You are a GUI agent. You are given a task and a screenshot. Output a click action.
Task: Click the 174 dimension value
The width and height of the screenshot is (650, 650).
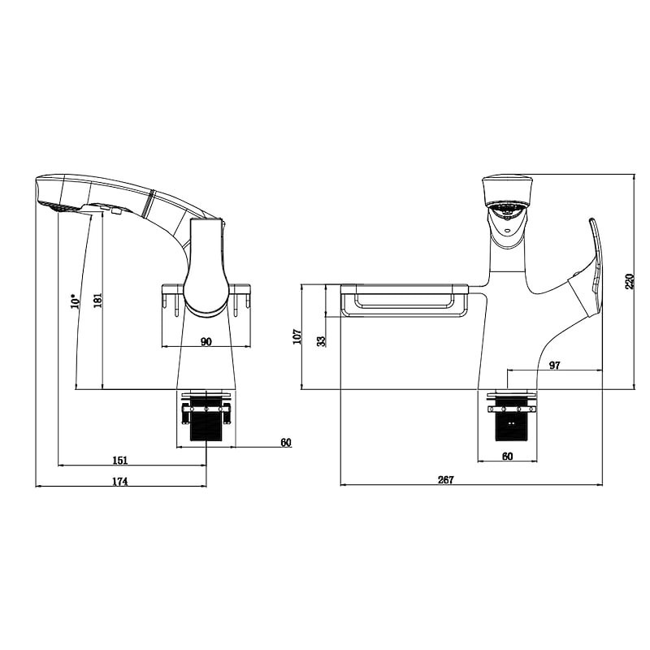tap(120, 481)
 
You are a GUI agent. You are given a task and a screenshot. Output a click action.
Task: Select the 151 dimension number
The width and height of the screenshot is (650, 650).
tap(120, 460)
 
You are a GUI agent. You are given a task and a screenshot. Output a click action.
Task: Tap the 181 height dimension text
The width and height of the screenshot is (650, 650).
tap(97, 300)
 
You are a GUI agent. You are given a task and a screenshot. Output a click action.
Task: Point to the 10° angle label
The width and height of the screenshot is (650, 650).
tap(75, 301)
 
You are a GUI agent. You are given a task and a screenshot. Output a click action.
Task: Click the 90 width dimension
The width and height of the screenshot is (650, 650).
tap(206, 341)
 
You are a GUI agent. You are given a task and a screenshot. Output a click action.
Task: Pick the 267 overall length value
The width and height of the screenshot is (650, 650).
tap(446, 479)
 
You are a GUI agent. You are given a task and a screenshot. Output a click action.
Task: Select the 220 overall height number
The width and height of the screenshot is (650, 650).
tap(630, 281)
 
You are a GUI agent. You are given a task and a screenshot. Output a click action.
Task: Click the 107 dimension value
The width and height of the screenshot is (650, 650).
tap(297, 336)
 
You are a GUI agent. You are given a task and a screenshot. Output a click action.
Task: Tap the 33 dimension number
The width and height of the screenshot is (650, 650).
tap(321, 341)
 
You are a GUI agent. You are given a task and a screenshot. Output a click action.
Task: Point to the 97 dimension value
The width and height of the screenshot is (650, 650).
tap(554, 365)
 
